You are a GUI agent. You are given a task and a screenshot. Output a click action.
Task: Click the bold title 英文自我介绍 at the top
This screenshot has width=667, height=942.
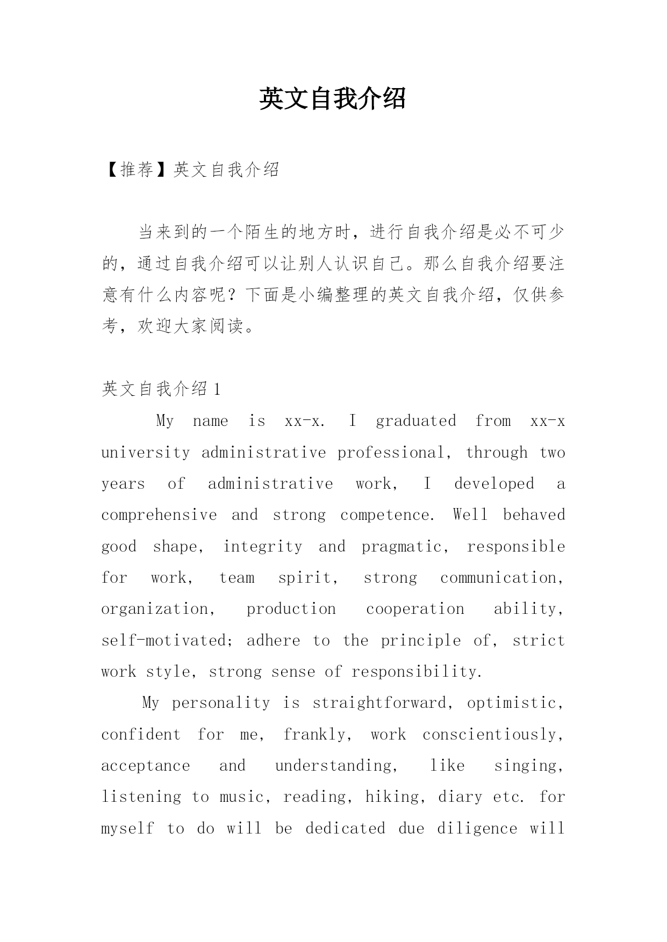(333, 99)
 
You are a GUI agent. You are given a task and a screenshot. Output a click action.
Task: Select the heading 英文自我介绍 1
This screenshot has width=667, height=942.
(161, 389)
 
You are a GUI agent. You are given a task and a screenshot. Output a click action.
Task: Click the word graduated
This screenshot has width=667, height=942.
(416, 421)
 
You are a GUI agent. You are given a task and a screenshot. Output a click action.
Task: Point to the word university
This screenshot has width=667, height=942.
(146, 452)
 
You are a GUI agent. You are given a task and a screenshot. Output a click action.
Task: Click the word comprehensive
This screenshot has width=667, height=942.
(159, 515)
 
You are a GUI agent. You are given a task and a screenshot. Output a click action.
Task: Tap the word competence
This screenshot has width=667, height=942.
(386, 515)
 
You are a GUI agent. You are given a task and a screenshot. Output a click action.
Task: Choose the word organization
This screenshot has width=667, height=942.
(156, 608)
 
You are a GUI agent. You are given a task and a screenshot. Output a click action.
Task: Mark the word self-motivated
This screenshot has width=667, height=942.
(164, 640)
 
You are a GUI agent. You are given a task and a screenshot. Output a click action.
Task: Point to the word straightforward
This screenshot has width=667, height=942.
(379, 702)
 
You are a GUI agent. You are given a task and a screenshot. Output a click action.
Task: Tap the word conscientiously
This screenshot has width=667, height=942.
(490, 734)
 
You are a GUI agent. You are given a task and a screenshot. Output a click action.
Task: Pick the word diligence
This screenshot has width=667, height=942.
(477, 828)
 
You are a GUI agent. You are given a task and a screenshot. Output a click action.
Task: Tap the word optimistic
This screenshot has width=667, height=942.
(512, 702)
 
